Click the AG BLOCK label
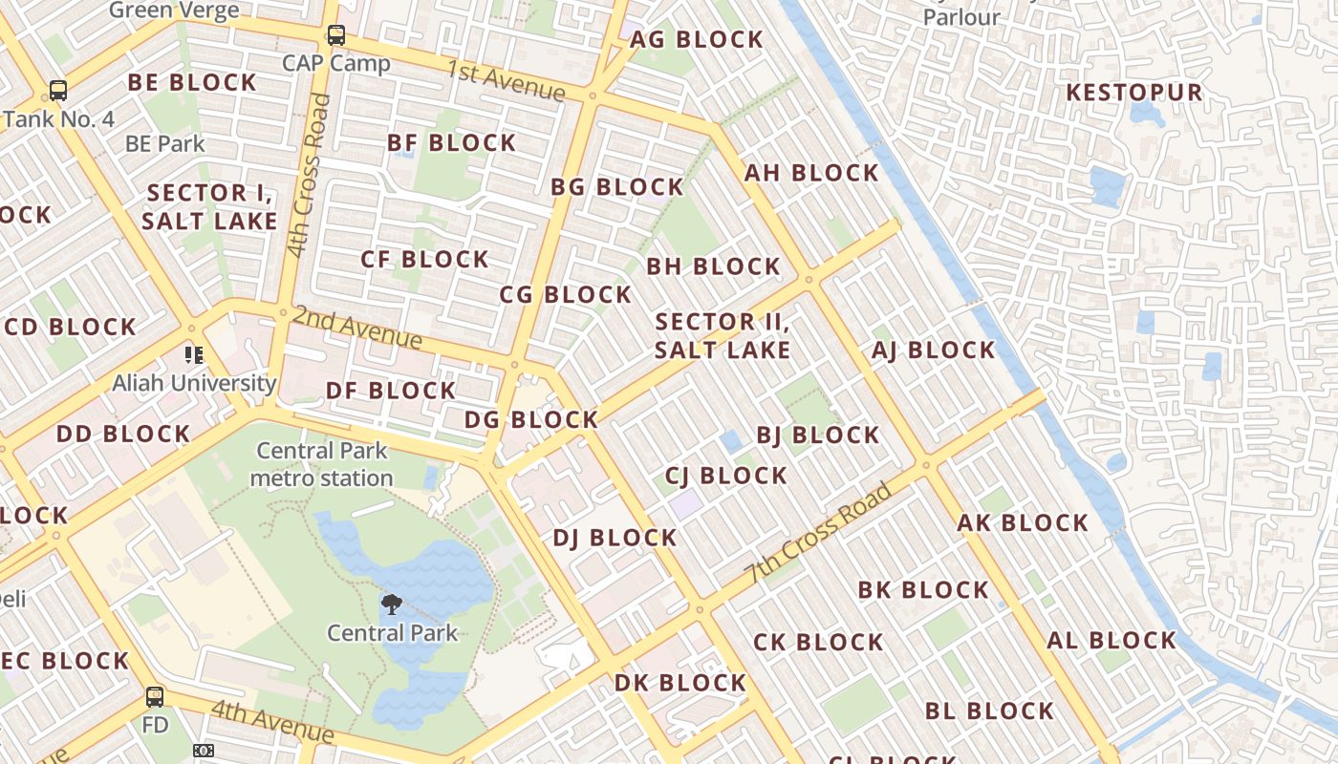697,39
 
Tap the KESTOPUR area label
1133,93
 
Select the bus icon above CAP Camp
335,35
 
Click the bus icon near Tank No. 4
58,91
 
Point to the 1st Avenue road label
506,79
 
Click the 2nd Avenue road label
357,327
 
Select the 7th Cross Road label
820,533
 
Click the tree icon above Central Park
391,604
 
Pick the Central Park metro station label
322,464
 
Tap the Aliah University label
194,383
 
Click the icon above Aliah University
194,355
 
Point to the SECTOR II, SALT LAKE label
723,335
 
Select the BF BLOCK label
451,143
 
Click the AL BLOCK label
1111,640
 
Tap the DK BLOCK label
680,683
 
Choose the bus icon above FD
155,696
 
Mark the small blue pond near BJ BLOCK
732,440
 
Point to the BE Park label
165,144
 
